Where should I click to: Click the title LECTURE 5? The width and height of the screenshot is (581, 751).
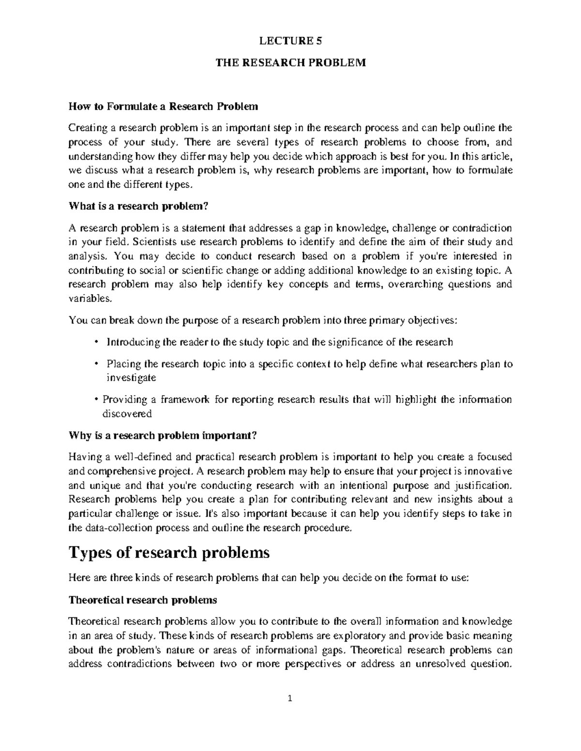coord(290,41)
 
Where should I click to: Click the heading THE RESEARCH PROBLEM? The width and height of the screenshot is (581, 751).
coord(290,63)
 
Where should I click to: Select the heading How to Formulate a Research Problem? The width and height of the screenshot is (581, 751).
coord(163,106)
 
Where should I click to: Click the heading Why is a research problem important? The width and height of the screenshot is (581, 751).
coord(162,436)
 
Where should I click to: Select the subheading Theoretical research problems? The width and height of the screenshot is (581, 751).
coord(143,600)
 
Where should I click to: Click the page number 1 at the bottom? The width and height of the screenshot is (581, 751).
coord(290,712)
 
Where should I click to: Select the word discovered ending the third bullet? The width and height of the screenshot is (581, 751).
coord(127,414)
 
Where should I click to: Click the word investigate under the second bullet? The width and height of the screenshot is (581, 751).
coord(131,378)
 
